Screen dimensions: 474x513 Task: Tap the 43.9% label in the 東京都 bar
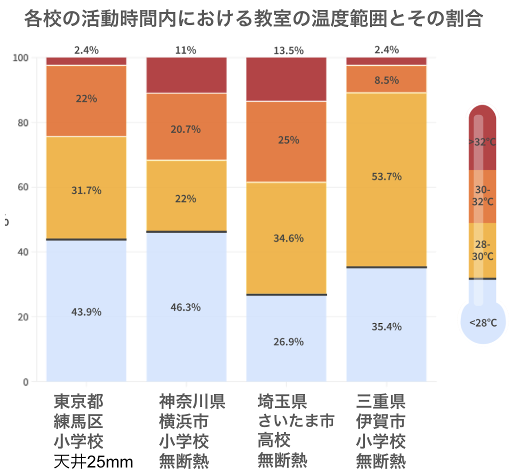click(x=86, y=311)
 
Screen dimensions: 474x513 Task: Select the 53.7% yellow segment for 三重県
click(x=386, y=176)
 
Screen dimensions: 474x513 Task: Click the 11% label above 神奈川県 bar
click(x=185, y=50)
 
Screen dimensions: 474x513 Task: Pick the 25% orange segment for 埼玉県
click(x=286, y=140)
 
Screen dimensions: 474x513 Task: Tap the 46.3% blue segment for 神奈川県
click(x=186, y=307)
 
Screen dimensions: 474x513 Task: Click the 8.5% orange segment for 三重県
click(x=386, y=79)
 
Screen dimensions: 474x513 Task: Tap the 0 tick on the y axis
click(x=26, y=382)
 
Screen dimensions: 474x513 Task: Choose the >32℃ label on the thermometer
click(x=482, y=142)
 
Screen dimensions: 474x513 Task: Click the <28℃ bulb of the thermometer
click(x=483, y=323)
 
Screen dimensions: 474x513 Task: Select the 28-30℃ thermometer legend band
click(x=482, y=250)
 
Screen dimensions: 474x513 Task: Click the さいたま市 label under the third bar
click(x=295, y=421)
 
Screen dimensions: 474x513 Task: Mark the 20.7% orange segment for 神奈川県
click(x=186, y=129)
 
